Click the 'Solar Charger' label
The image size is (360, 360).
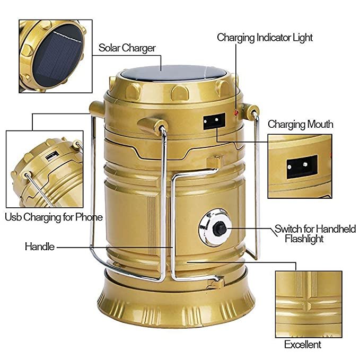[127, 48]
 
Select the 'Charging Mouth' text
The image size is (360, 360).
[300, 124]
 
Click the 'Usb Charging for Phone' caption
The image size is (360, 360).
[54, 217]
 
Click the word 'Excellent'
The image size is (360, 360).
[302, 345]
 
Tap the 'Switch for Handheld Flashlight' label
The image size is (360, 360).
[314, 234]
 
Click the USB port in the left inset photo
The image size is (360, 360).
[51, 157]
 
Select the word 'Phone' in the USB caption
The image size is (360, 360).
[89, 217]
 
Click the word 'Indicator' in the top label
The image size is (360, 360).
[276, 38]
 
